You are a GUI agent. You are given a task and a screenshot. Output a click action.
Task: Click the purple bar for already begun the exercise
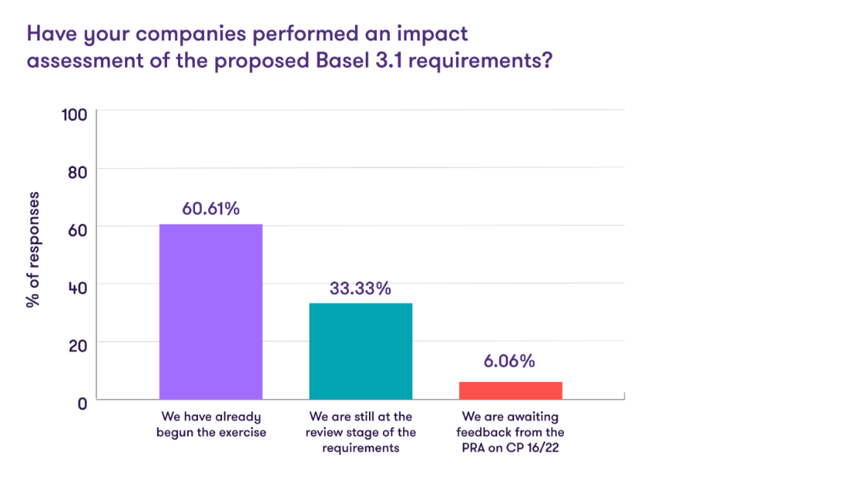[x=211, y=312]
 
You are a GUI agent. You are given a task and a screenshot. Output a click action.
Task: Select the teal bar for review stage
[x=360, y=351]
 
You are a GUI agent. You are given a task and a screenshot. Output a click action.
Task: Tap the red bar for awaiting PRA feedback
[x=510, y=390]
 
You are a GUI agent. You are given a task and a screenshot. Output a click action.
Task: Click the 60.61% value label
[x=211, y=209]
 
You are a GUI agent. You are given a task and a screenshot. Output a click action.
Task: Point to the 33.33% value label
[x=360, y=288]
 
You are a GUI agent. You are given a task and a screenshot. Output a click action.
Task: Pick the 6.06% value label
[x=510, y=362]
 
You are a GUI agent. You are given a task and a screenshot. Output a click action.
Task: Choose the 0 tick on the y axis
[x=80, y=401]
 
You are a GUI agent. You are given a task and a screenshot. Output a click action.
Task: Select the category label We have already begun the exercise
[x=211, y=425]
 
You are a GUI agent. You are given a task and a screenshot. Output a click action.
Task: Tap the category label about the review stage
[x=360, y=432]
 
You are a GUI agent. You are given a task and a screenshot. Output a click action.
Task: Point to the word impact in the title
[x=434, y=34]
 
